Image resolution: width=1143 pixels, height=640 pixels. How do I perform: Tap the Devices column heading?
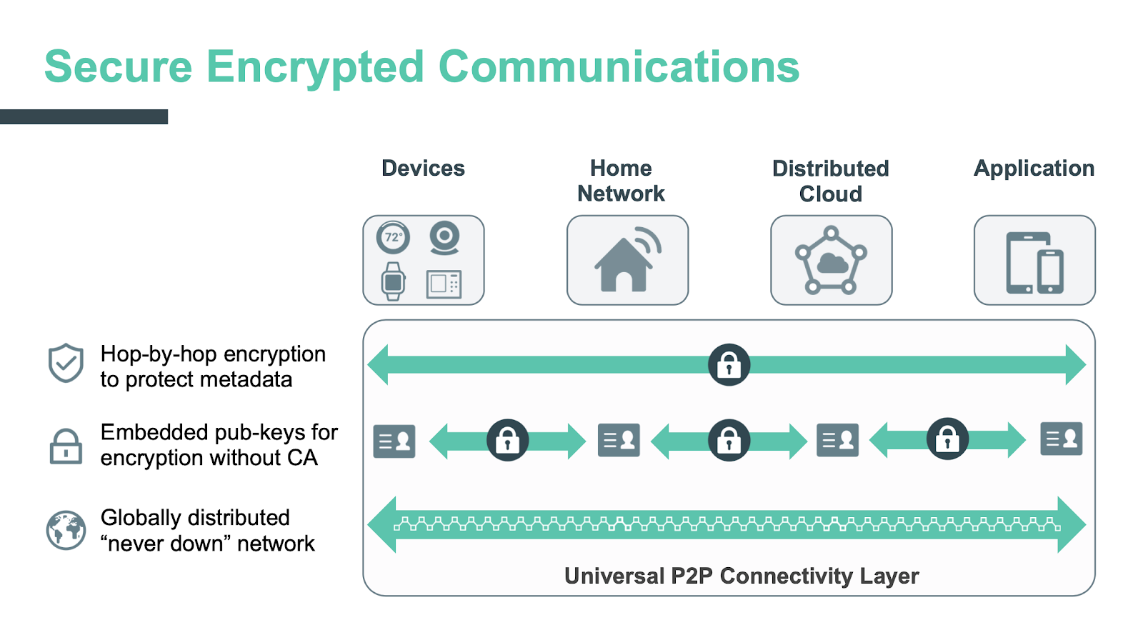pos(423,169)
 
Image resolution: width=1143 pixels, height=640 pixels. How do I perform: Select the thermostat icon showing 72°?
pos(393,237)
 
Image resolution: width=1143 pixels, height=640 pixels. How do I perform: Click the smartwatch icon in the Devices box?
pos(393,281)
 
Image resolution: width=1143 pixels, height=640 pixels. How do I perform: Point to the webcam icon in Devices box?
pos(444,238)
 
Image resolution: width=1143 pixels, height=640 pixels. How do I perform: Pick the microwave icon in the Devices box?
pos(444,284)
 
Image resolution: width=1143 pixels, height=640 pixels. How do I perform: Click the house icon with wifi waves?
pos(627,261)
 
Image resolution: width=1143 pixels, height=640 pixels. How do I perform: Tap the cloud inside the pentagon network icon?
pos(832,264)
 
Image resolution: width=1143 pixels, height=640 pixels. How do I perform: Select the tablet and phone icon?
pos(1034,262)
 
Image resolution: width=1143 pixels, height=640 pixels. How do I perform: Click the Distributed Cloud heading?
pos(830,181)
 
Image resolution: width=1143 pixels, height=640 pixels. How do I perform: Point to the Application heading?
pos(1034,169)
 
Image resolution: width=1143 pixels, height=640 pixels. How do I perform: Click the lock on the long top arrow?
pos(729,365)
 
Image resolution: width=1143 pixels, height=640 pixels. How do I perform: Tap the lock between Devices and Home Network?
pos(507,440)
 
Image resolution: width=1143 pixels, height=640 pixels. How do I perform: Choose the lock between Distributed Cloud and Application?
pos(947,439)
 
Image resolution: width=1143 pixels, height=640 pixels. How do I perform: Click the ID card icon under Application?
pos(1061,439)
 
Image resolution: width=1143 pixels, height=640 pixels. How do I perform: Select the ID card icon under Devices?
pos(394,441)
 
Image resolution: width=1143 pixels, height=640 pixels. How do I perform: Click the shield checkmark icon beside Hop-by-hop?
pos(66,363)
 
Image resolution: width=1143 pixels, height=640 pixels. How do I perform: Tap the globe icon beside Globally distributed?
pos(66,530)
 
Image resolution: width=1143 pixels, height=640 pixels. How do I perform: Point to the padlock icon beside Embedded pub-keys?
pos(66,446)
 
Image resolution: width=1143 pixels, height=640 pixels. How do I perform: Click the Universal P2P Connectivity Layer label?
pos(741,576)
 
